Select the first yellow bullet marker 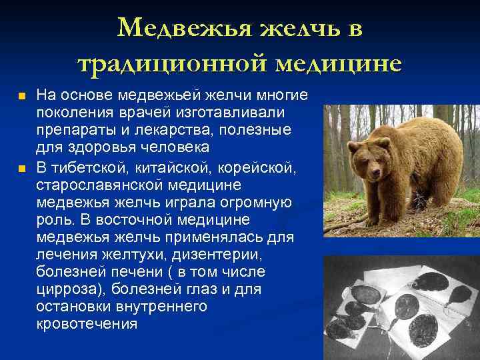pos(22,97)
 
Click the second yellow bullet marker pos(22,167)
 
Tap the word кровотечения pos(87,325)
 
